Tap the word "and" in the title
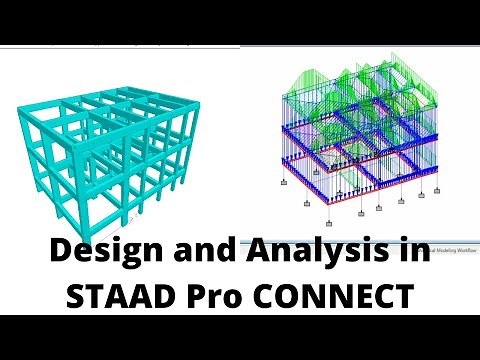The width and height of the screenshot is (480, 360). click(199, 256)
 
